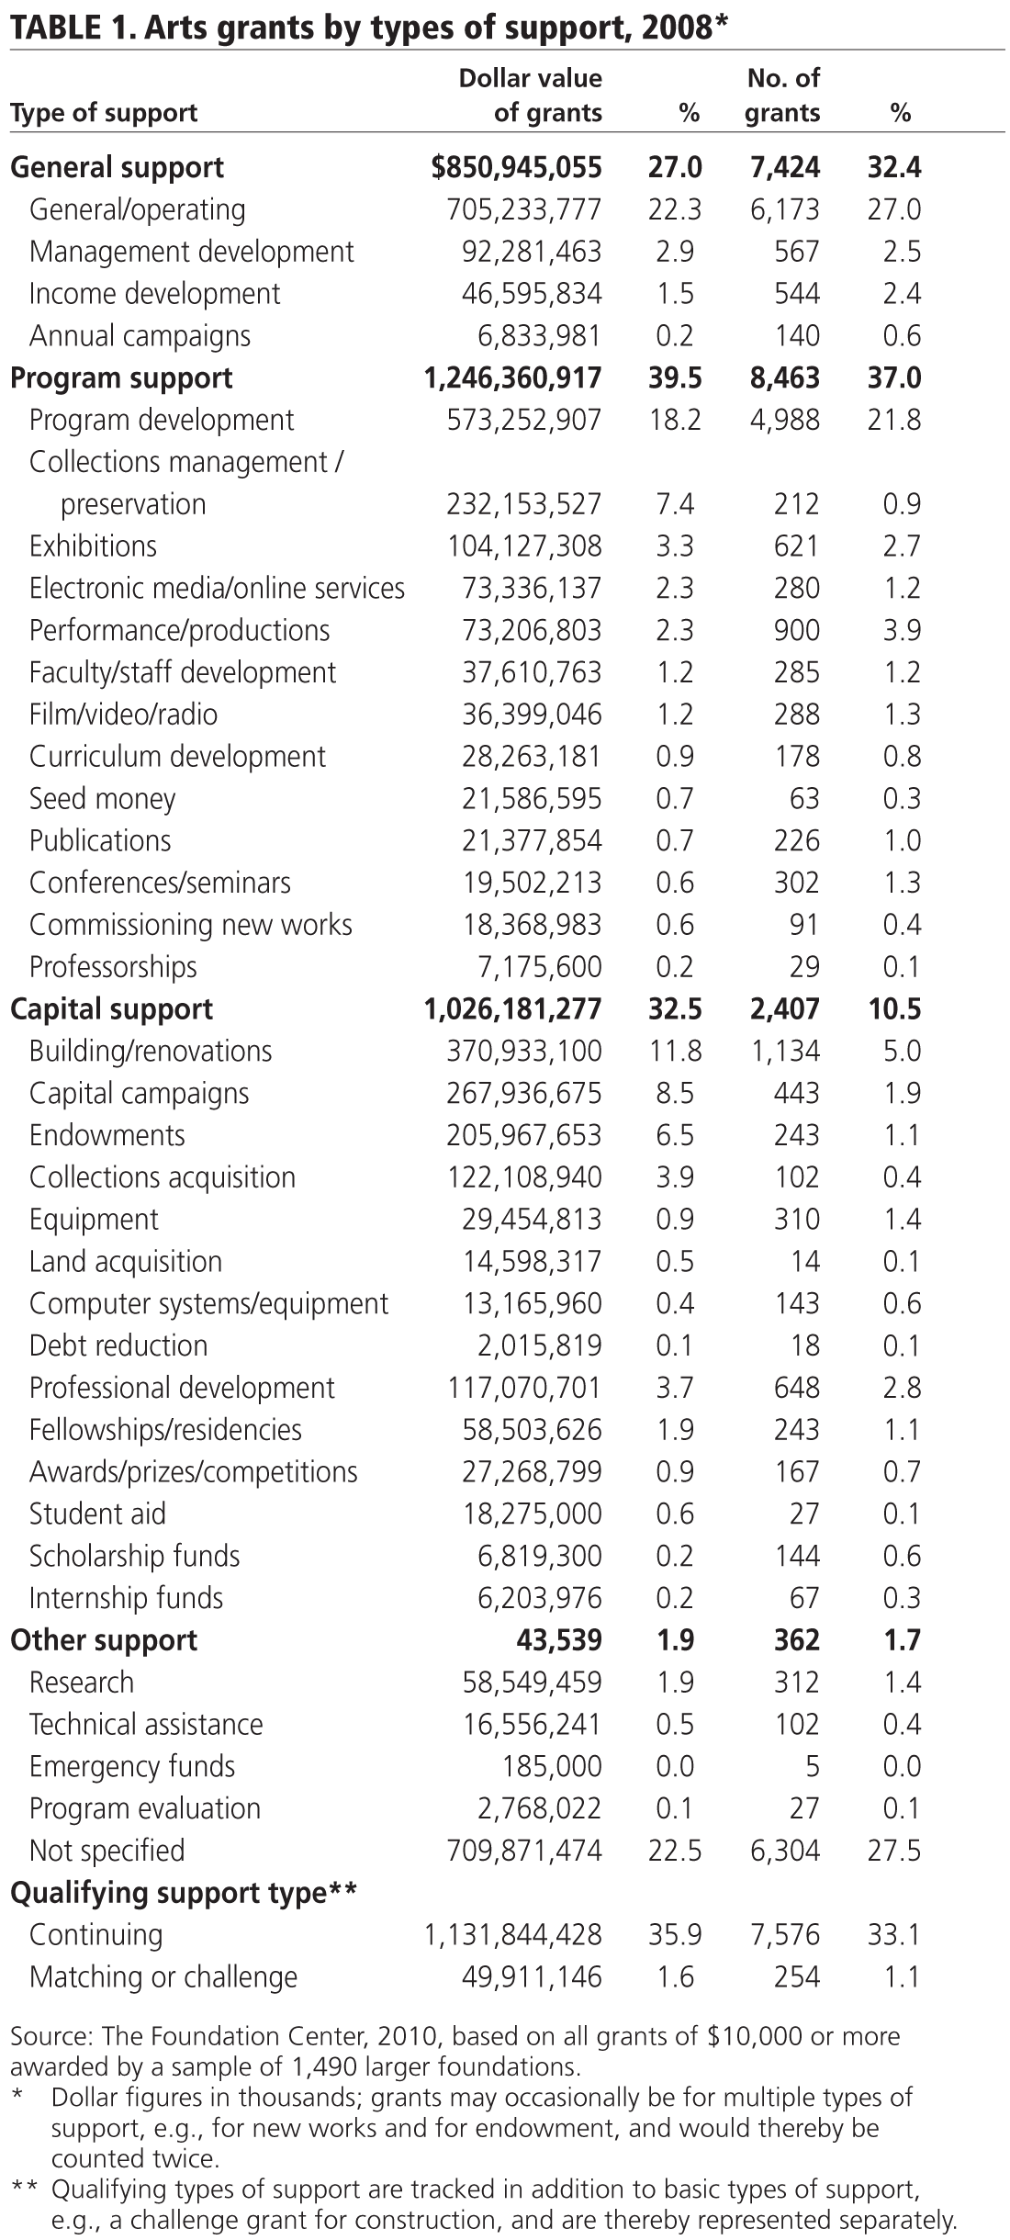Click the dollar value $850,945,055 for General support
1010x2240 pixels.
click(517, 167)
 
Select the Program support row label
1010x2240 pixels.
click(121, 378)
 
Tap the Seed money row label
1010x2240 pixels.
click(102, 799)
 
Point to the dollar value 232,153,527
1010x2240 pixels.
click(524, 504)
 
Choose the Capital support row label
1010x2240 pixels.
click(111, 1009)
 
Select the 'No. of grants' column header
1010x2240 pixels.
click(782, 96)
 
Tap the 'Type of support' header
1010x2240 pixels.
click(104, 113)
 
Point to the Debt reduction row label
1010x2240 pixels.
click(118, 1345)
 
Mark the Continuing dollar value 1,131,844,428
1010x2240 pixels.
click(512, 1935)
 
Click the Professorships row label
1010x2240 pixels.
click(113, 967)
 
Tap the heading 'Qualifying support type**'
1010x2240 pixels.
click(183, 1893)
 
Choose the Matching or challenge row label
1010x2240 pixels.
click(163, 1977)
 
